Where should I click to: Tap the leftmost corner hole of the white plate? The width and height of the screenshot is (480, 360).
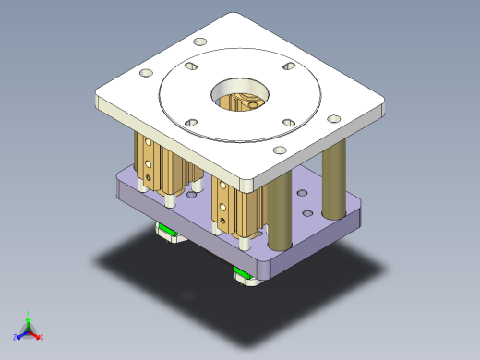click(144, 74)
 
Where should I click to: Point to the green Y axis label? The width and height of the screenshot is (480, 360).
click(30, 313)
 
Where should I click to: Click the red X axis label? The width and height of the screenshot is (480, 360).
click(42, 337)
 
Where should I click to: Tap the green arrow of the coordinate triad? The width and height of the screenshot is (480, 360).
click(29, 321)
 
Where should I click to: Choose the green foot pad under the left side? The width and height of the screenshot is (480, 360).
click(167, 230)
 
